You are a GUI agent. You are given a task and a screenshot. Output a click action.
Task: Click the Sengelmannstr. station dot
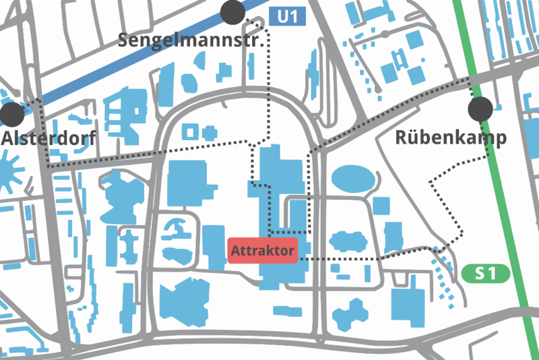(232, 11)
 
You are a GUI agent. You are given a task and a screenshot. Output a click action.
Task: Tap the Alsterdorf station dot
(12, 115)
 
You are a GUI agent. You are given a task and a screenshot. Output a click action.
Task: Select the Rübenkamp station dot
(480, 107)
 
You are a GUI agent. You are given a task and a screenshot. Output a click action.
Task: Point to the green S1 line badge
(484, 274)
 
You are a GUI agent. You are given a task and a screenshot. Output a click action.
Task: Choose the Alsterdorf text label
(49, 138)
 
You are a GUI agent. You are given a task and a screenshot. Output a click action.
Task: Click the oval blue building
(352, 179)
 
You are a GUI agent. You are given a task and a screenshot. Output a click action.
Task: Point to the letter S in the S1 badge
(480, 274)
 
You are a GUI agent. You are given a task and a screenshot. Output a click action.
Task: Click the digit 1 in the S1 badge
(491, 274)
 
